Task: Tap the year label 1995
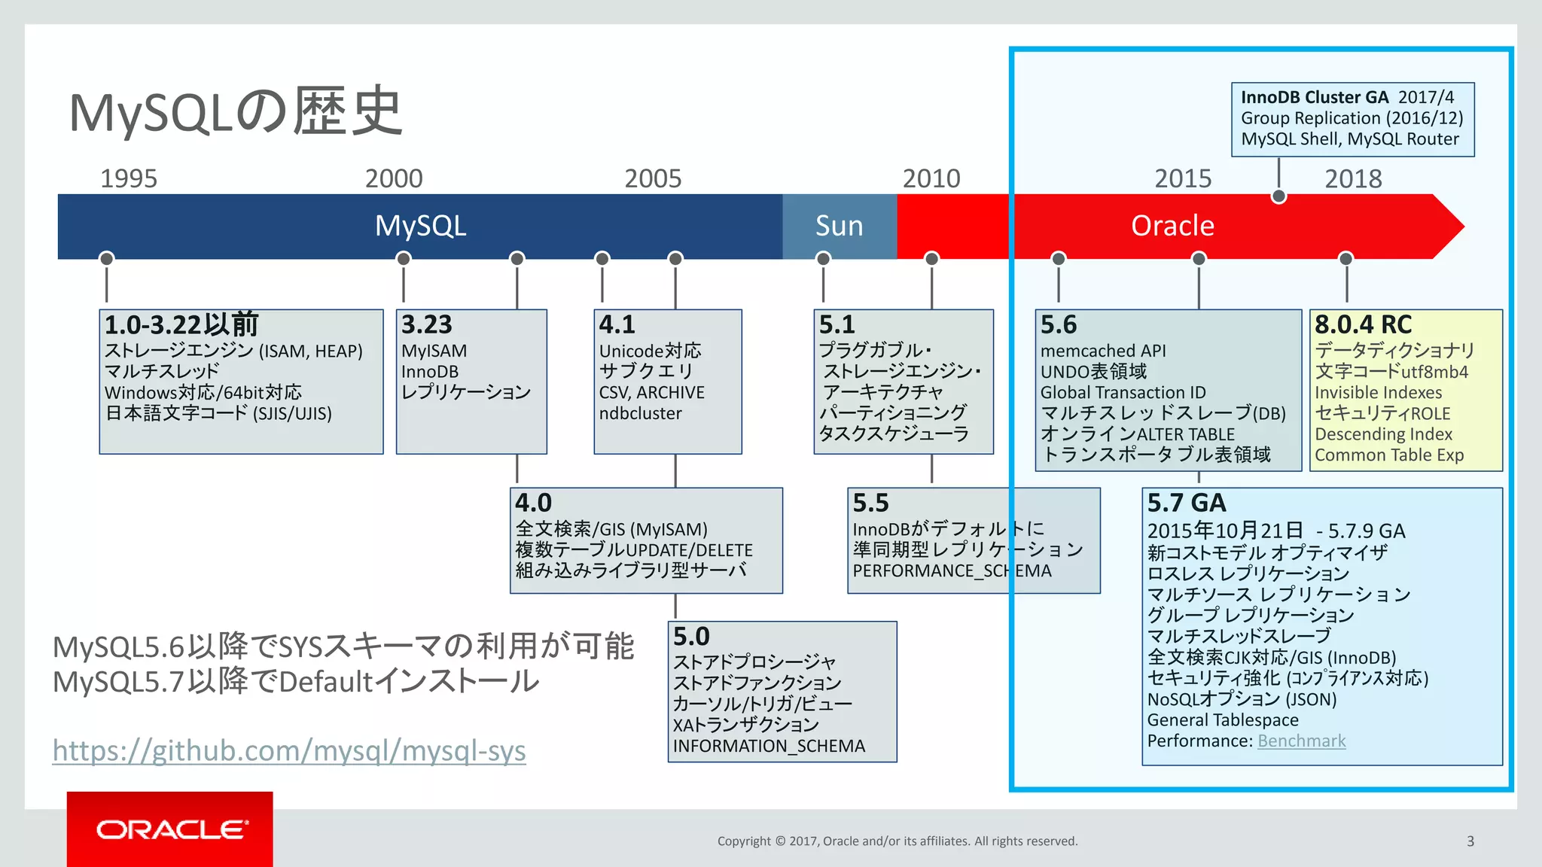[129, 179]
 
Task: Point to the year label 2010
[931, 179]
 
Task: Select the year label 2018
[1353, 179]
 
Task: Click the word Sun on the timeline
[839, 226]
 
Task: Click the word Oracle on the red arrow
[1172, 226]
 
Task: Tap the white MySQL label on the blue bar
[420, 226]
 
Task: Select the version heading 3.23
[426, 324]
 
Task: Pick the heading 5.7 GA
[1186, 503]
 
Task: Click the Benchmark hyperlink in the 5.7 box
[1301, 741]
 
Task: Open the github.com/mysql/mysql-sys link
[289, 751]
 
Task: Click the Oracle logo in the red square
[171, 829]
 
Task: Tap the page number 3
[1470, 841]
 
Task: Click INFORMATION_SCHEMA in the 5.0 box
[769, 746]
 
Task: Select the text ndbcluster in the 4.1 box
[640, 413]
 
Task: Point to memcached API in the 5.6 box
[1102, 351]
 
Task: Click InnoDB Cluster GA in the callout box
[1314, 97]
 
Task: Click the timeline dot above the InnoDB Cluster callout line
[1278, 197]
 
